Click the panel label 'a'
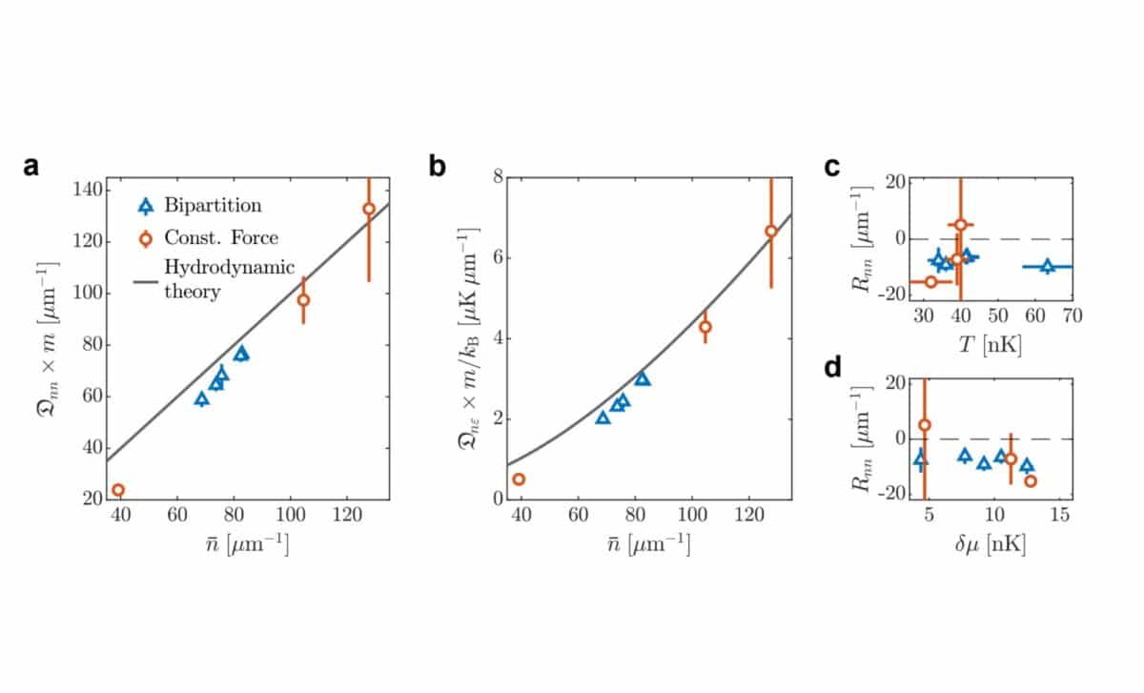click(x=31, y=166)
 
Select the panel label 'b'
click(x=438, y=166)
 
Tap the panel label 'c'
click(x=831, y=167)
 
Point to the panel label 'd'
click(x=831, y=367)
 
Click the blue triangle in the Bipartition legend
click(x=145, y=206)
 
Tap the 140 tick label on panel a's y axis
click(x=89, y=190)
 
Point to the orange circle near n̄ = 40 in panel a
click(x=118, y=490)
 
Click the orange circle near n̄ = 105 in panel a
click(x=303, y=300)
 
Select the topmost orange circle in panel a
click(x=369, y=209)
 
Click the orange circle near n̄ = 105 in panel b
click(x=705, y=327)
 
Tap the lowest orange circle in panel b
click(x=520, y=479)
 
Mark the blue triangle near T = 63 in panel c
click(x=1048, y=267)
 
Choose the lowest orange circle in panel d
click(x=1031, y=481)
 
